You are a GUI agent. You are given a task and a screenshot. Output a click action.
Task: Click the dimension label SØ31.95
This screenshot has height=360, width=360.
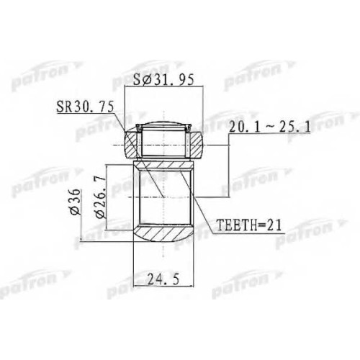(163, 80)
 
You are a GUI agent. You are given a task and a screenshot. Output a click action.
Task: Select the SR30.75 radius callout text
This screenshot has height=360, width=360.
(85, 107)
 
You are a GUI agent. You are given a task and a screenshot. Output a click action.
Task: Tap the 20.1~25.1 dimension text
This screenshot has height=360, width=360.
(269, 127)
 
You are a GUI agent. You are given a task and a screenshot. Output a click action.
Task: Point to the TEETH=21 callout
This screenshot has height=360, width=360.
(248, 225)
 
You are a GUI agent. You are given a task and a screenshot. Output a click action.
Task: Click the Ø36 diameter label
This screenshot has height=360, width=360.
(75, 202)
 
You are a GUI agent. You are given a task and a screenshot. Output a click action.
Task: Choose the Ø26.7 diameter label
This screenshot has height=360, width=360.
(101, 197)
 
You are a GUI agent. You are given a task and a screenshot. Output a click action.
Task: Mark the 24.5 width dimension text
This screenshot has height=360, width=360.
(163, 279)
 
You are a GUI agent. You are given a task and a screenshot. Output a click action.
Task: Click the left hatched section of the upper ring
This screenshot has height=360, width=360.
(131, 145)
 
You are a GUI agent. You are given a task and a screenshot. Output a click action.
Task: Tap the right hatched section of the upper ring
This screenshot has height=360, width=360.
(194, 145)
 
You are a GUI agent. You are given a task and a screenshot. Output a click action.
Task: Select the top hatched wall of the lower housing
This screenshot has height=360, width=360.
(163, 166)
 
